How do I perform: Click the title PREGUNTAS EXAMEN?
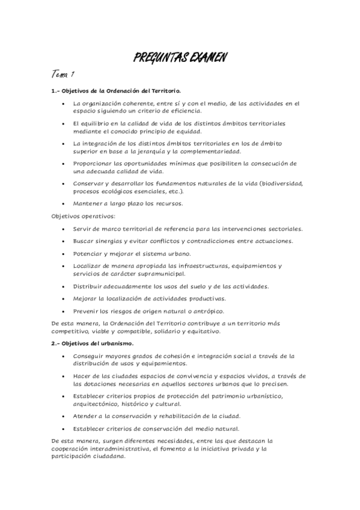(180, 58)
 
